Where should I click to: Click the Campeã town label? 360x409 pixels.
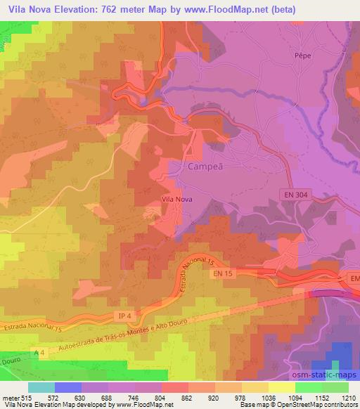(205, 167)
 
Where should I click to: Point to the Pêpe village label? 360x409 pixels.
(302, 53)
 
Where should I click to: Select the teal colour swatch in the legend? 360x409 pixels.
(41, 388)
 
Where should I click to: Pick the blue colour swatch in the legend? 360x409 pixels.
(67, 388)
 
